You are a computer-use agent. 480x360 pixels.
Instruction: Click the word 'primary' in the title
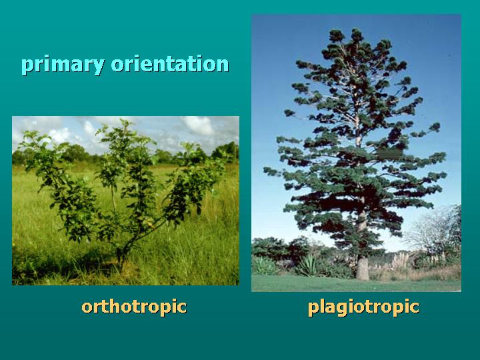click(62, 65)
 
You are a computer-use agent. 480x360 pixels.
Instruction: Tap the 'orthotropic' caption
click(134, 307)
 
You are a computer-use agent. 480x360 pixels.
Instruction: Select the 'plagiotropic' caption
click(363, 307)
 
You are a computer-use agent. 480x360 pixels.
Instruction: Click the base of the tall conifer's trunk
click(362, 273)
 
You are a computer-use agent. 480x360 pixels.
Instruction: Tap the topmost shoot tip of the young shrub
click(124, 123)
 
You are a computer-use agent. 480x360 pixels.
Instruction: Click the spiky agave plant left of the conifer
click(308, 265)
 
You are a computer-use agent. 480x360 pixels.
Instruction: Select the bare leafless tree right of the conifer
click(437, 230)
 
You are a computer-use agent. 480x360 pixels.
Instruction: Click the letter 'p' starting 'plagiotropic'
click(313, 308)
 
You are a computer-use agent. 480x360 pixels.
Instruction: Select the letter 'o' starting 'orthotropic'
click(87, 307)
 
